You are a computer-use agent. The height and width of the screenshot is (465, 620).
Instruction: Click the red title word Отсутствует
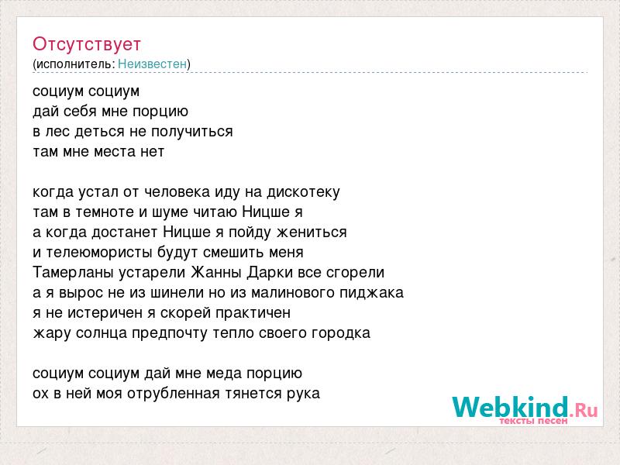point(87,44)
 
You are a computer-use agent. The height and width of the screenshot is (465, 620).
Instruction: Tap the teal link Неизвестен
point(152,64)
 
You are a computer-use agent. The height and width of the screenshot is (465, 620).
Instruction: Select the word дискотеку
point(303,192)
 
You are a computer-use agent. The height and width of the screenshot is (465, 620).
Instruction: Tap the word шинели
point(176,293)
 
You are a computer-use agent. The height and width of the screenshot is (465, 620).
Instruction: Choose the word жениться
point(312,232)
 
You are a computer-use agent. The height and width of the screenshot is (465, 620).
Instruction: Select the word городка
point(341,333)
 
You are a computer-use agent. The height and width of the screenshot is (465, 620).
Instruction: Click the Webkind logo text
point(525,407)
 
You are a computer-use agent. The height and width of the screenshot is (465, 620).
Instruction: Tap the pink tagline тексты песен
point(533,421)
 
